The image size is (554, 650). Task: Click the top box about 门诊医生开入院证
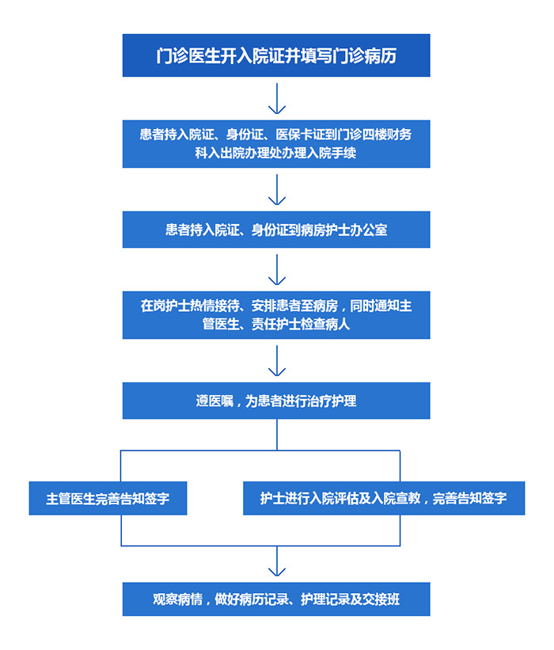pos(276,55)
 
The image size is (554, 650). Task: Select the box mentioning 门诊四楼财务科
pos(276,144)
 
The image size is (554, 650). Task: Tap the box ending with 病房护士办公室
pos(276,230)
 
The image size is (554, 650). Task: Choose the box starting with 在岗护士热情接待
pos(276,315)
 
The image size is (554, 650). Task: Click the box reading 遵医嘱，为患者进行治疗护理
pos(276,401)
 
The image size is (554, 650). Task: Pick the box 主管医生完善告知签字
pos(108,498)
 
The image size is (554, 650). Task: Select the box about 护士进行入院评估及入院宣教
pos(384,498)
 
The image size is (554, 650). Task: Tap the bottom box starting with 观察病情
pos(276,599)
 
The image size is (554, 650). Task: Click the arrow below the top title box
pos(277,99)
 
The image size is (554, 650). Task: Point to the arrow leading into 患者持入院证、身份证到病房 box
pos(277,189)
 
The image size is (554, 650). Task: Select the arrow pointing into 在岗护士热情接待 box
pos(277,270)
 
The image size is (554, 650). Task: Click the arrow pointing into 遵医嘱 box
pos(277,361)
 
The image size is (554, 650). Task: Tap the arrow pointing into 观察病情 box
pos(277,561)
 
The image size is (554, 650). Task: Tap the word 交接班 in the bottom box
pos(381,599)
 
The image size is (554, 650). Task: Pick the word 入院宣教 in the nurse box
pos(397,498)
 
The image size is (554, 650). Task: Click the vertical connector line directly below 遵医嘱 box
pos(277,435)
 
